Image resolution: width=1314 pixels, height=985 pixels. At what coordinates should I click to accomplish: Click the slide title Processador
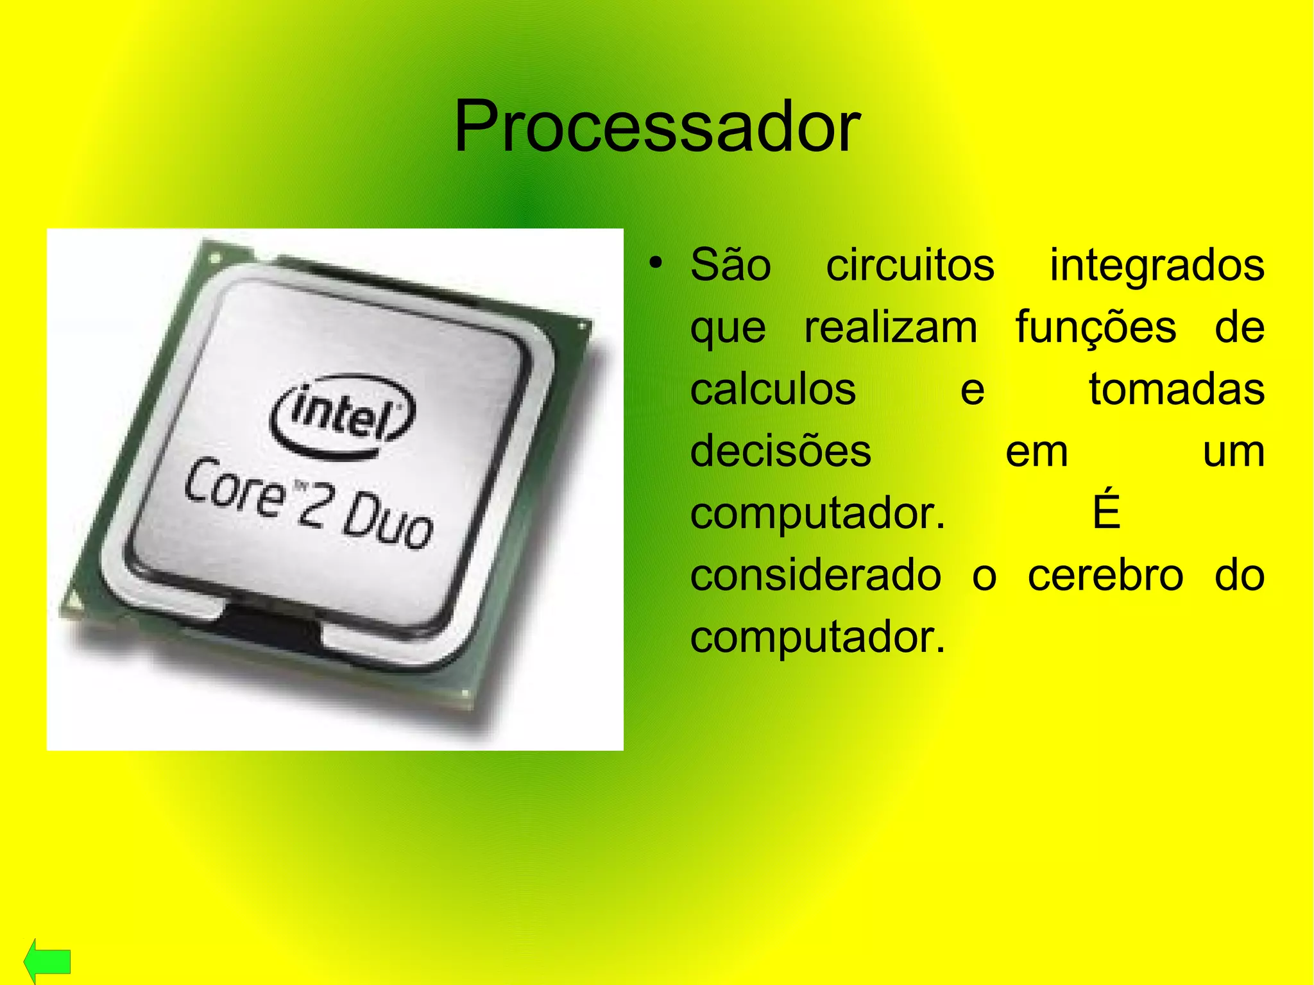click(656, 126)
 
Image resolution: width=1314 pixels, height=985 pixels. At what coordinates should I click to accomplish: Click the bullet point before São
click(654, 263)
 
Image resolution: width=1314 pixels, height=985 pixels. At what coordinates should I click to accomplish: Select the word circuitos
click(910, 265)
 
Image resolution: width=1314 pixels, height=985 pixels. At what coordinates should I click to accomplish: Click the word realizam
click(891, 327)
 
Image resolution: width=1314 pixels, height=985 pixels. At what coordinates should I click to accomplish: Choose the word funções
click(1096, 327)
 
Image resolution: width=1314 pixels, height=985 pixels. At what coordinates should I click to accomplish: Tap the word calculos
click(773, 389)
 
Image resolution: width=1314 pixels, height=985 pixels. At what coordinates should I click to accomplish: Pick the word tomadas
click(1177, 389)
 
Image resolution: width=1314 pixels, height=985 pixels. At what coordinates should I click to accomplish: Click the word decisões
click(781, 451)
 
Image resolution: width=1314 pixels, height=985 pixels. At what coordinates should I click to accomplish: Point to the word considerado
click(815, 575)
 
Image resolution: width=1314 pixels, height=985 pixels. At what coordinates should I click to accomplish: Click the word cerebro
click(1105, 575)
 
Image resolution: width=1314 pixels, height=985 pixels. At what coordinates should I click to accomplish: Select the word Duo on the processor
click(389, 520)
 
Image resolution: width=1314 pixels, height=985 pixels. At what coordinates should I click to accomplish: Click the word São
click(731, 265)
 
